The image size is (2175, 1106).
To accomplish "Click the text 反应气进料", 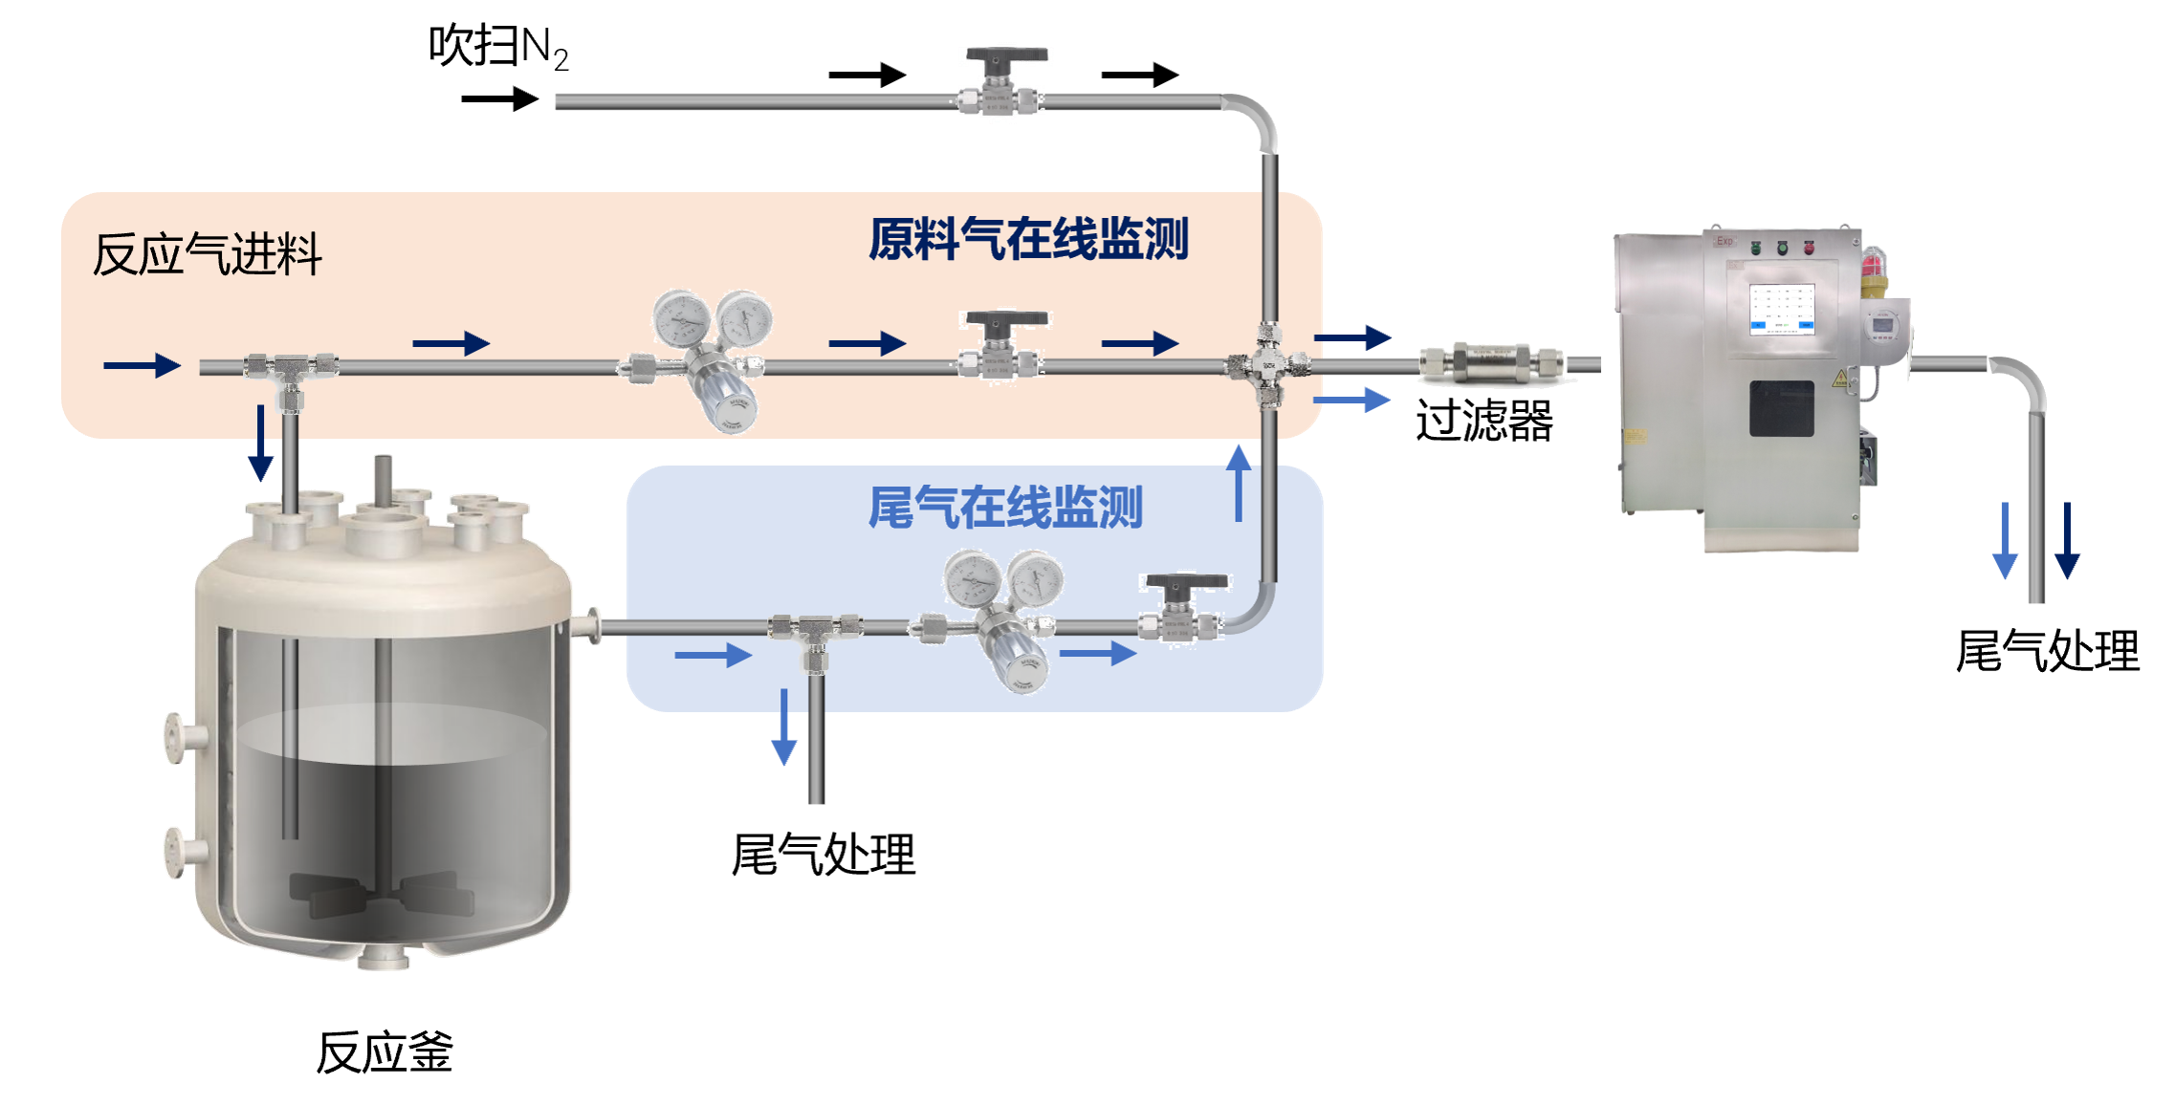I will click(208, 254).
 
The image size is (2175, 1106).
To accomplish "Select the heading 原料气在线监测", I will click(1028, 239).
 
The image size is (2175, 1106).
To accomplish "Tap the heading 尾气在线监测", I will click(1005, 508).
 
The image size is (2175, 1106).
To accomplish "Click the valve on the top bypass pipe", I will click(1001, 84).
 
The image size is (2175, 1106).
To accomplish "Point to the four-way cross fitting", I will click(1269, 364).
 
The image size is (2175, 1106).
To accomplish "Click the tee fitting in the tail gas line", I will click(814, 632).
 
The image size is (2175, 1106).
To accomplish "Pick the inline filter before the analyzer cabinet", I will click(1489, 363).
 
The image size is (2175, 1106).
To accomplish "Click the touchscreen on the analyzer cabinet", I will click(1782, 310).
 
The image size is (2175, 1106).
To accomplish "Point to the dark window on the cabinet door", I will click(1782, 408).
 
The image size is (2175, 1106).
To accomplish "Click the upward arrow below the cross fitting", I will click(1239, 483).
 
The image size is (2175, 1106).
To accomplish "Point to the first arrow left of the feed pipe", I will click(142, 365).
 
